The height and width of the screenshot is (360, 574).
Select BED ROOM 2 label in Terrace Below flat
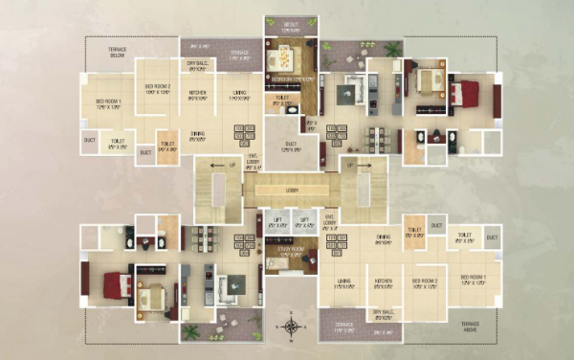[157, 88]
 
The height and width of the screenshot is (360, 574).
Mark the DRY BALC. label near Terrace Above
[383, 312]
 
